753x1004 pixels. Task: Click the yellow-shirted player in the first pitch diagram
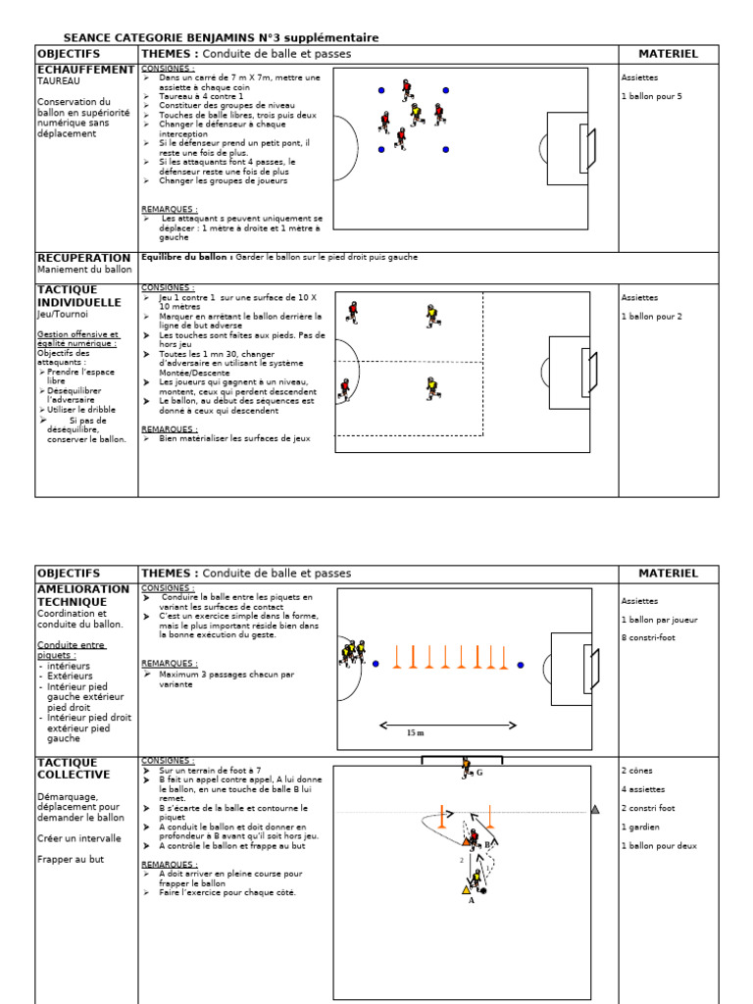tap(416, 115)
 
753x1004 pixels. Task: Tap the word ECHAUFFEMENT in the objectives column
tap(85, 70)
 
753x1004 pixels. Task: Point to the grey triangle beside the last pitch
tap(595, 809)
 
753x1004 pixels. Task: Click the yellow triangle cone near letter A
tap(466, 889)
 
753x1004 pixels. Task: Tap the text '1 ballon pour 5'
tap(650, 96)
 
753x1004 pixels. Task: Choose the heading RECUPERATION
tap(83, 258)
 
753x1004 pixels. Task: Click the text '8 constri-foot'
tap(648, 637)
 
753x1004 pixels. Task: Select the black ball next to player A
tap(483, 890)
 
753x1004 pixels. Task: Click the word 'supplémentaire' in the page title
tap(330, 37)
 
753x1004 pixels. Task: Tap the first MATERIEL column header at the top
tap(668, 54)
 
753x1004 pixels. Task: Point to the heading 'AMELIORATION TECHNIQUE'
tap(83, 595)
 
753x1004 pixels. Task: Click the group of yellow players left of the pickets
tap(353, 651)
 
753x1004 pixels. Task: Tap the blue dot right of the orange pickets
tap(520, 665)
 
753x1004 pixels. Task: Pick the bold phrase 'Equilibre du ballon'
tap(186, 257)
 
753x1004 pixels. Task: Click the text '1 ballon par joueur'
tap(659, 620)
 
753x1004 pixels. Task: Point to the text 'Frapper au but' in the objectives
tap(70, 859)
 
